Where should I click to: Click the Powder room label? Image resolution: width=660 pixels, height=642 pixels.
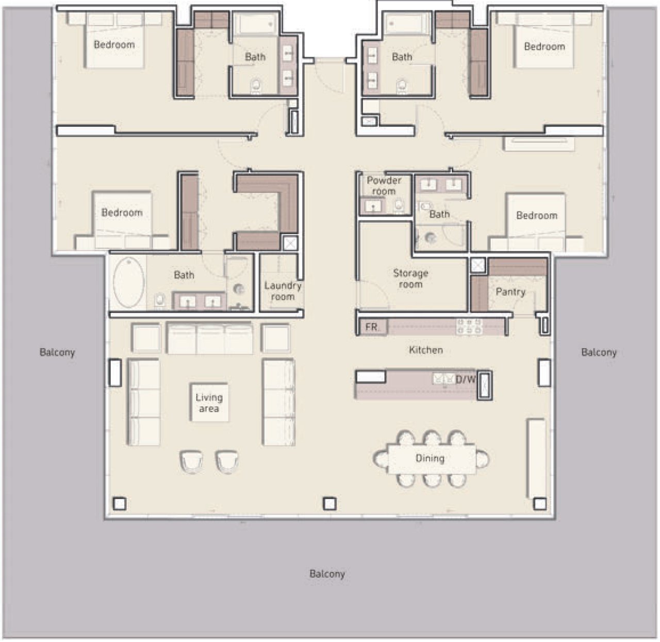[384, 186]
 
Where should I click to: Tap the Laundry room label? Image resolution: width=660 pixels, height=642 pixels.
[283, 291]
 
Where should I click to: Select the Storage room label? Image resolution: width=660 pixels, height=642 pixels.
[410, 278]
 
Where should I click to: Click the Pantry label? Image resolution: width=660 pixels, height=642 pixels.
[510, 292]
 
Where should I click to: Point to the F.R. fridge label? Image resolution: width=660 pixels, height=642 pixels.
[371, 327]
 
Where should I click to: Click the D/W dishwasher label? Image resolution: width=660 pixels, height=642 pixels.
[465, 379]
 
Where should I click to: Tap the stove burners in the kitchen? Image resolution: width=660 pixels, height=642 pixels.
[469, 327]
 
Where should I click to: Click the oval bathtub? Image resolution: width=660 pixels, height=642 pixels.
[128, 282]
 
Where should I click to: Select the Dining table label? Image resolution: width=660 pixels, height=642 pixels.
[430, 458]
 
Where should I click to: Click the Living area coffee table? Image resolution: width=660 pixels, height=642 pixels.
[209, 403]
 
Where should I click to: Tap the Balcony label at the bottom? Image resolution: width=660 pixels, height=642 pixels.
[327, 574]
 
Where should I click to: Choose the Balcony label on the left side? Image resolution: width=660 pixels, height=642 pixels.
[57, 352]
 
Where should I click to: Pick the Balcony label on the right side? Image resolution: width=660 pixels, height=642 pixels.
[599, 352]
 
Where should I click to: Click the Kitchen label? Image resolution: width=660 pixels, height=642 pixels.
[426, 350]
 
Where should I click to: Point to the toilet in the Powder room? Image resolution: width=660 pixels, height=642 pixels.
[399, 205]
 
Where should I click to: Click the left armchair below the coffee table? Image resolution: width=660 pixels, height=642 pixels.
[191, 461]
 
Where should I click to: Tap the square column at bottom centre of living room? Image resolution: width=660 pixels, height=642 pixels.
[329, 504]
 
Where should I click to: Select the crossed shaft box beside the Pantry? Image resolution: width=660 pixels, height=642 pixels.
[478, 265]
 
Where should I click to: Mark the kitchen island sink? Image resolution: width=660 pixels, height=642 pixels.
[443, 379]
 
